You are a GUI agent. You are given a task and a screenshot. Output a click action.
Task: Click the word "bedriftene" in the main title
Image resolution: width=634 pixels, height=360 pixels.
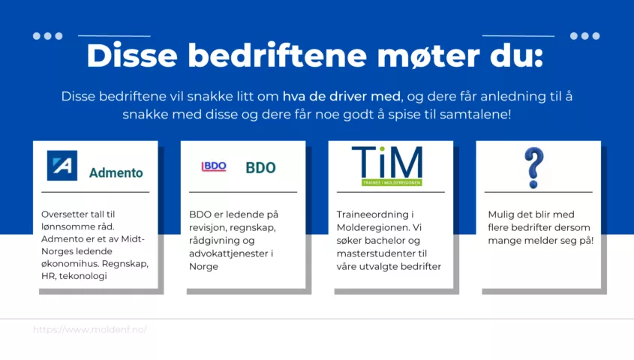click(x=277, y=55)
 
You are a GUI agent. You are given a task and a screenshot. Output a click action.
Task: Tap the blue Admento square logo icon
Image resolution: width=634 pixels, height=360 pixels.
click(x=62, y=166)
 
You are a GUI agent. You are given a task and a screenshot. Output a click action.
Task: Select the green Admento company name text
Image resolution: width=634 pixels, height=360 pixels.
click(x=116, y=173)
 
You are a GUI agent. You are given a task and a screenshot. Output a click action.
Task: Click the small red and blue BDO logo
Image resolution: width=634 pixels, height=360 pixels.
click(x=214, y=166)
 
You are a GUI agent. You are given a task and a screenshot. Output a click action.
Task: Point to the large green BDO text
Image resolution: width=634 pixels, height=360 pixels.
click(x=261, y=168)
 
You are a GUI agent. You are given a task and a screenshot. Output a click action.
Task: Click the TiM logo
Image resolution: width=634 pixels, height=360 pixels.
click(x=387, y=166)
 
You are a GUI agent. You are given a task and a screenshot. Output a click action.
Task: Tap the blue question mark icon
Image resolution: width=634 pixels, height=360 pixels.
click(x=533, y=168)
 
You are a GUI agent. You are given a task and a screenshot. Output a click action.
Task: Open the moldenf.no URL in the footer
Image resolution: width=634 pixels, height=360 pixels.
click(x=90, y=330)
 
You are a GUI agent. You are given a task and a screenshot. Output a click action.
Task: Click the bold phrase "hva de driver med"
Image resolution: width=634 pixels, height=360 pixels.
click(x=341, y=97)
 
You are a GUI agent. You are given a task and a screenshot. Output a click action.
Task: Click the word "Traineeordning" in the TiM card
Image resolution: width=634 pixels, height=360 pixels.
click(x=372, y=215)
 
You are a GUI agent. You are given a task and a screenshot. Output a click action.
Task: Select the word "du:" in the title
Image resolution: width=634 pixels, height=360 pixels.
click(x=517, y=55)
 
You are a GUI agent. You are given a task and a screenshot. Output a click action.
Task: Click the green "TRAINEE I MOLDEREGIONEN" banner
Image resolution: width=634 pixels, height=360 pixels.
click(x=392, y=183)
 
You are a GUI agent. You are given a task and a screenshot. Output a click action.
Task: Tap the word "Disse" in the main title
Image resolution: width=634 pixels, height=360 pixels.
click(x=132, y=55)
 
